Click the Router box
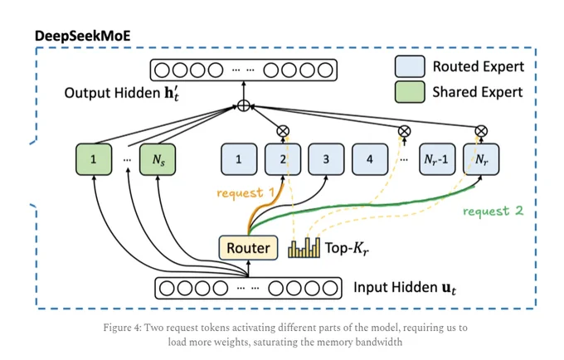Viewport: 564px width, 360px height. point(248,247)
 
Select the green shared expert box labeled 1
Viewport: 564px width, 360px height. point(94,159)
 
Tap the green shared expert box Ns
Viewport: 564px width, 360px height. point(158,159)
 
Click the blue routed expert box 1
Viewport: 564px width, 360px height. point(239,159)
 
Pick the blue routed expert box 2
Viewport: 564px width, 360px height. point(283,159)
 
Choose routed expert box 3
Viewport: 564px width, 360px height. point(326,159)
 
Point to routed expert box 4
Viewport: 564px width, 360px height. point(370,159)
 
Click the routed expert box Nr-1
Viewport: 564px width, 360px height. point(437,159)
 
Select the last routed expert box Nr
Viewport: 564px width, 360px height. point(481,159)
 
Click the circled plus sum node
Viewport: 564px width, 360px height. point(244,105)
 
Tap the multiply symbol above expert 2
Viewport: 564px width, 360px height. point(283,131)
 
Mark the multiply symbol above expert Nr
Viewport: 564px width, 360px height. point(481,131)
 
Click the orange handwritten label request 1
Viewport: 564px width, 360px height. point(246,192)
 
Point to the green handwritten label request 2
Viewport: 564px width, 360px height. point(493,211)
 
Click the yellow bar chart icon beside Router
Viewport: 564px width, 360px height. point(304,247)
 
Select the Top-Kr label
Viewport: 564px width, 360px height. point(347,248)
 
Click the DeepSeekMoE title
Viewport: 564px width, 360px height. point(83,36)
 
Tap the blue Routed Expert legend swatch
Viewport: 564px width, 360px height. point(410,66)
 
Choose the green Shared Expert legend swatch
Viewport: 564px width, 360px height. point(410,92)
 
